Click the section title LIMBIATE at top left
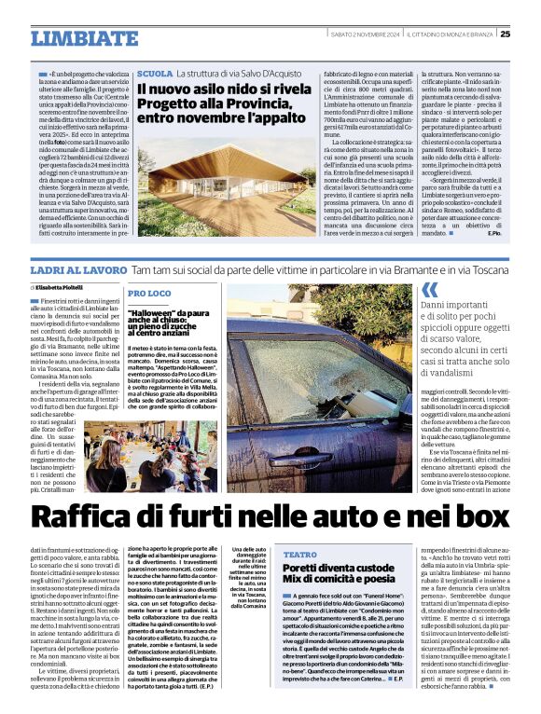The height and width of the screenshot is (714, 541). click(x=83, y=38)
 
